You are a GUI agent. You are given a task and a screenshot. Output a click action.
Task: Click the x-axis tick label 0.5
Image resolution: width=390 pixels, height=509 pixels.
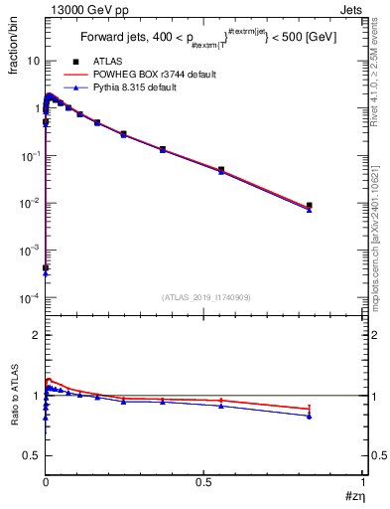(204, 481)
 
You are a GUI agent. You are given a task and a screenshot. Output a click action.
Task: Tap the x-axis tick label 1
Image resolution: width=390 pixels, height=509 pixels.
(362, 481)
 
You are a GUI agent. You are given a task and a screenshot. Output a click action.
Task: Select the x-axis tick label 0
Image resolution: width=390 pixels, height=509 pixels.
(46, 481)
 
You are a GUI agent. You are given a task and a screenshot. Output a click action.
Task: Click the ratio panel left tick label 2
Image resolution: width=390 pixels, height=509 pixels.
(36, 335)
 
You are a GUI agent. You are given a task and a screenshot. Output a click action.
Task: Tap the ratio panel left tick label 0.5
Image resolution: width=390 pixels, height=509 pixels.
(32, 455)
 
